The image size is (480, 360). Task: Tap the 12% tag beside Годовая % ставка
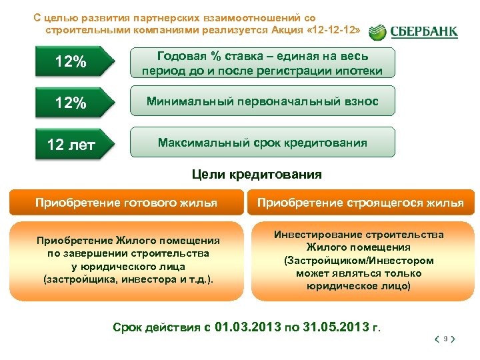71,62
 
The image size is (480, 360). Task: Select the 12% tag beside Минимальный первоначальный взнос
71,103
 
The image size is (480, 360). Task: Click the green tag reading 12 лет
71,144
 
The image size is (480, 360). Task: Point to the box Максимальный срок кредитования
262,143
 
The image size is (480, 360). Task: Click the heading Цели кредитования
257,175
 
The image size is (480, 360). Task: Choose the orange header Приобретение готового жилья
126,203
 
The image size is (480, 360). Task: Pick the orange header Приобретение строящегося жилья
360,203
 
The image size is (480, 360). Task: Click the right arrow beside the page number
453,339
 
